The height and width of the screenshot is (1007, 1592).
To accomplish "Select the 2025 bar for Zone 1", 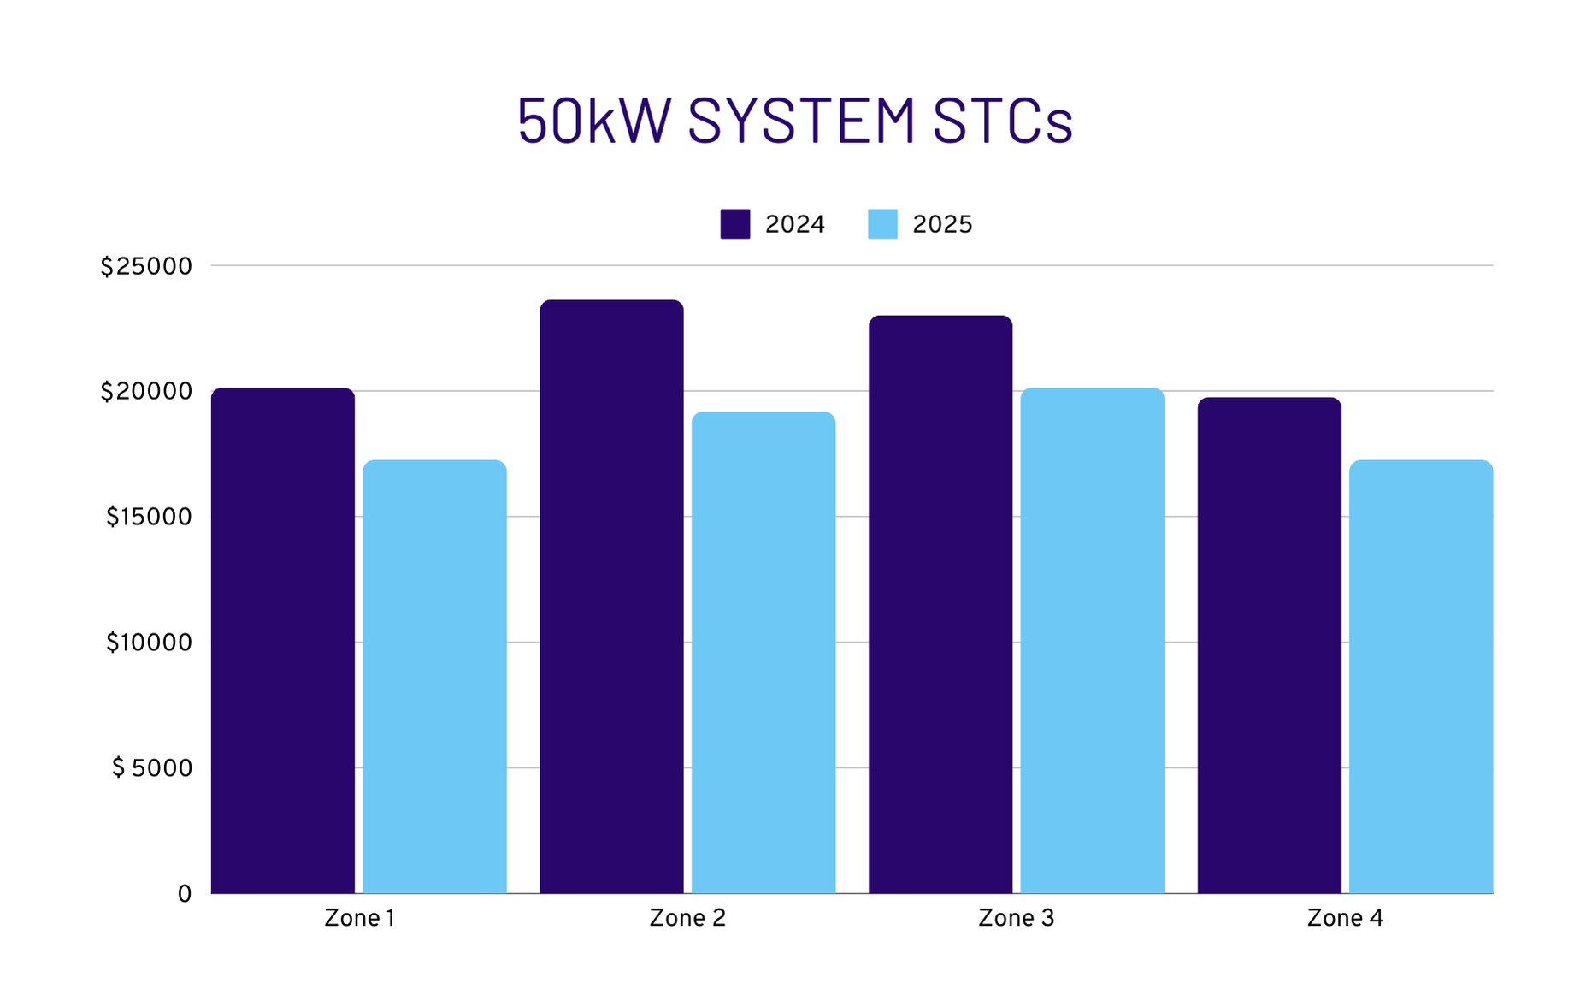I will pos(434,676).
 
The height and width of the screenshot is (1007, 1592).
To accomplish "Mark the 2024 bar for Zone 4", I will pos(1269,645).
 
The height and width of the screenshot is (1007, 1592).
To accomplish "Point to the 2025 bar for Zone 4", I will pos(1421,676).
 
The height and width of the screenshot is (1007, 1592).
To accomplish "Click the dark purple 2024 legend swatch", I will pos(735,224).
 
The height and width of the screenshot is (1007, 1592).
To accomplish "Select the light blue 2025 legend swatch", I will pos(882,224).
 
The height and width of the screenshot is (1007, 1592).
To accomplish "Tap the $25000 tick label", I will pos(146,267).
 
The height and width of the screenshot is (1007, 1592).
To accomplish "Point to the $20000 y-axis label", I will pos(146,392).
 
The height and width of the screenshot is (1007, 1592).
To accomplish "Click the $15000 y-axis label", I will pos(149,517).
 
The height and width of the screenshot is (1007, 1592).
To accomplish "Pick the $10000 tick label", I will pos(149,643).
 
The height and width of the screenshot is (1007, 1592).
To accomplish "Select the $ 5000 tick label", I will pos(152,768).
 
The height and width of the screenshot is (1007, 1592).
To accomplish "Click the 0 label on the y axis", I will pos(185,894).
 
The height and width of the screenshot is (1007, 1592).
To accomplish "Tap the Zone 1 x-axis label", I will pos(359,918).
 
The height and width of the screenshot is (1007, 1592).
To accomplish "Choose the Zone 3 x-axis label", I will pos(1016,918).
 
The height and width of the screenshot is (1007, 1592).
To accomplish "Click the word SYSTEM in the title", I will pos(801,121).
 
